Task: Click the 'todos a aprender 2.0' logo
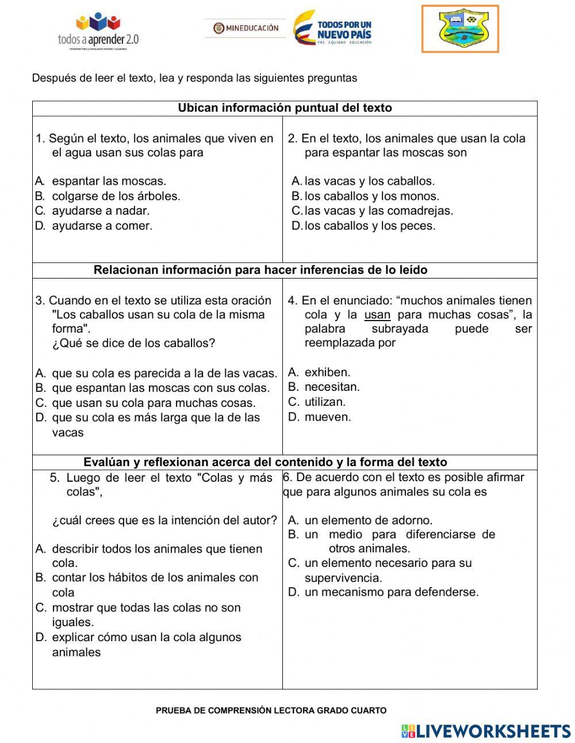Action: pyautogui.click(x=98, y=32)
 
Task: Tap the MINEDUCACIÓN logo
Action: pyautogui.click(x=246, y=28)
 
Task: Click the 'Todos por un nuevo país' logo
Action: pyautogui.click(x=333, y=28)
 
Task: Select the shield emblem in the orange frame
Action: pyautogui.click(x=460, y=29)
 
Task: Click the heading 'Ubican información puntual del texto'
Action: pyautogui.click(x=285, y=108)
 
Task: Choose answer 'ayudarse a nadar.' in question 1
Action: pyautogui.click(x=101, y=211)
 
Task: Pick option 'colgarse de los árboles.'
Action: pyautogui.click(x=116, y=196)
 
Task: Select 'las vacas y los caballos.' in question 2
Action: pyautogui.click(x=369, y=181)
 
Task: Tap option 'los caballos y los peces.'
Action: pyautogui.click(x=370, y=226)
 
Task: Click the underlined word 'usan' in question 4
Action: pyautogui.click(x=377, y=315)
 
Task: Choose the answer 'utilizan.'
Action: pyautogui.click(x=325, y=402)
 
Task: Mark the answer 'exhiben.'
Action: pyautogui.click(x=327, y=372)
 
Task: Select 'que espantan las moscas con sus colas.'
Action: pyautogui.click(x=160, y=388)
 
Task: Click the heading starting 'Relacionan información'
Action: pyautogui.click(x=260, y=270)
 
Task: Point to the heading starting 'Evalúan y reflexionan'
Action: pyautogui.click(x=265, y=462)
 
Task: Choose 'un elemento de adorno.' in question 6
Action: pyautogui.click(x=368, y=520)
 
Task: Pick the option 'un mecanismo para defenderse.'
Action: pyautogui.click(x=391, y=592)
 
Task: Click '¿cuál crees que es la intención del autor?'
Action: pyautogui.click(x=164, y=520)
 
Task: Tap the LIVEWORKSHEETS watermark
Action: pyautogui.click(x=486, y=731)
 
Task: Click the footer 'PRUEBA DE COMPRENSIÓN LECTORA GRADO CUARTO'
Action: pyautogui.click(x=271, y=711)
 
